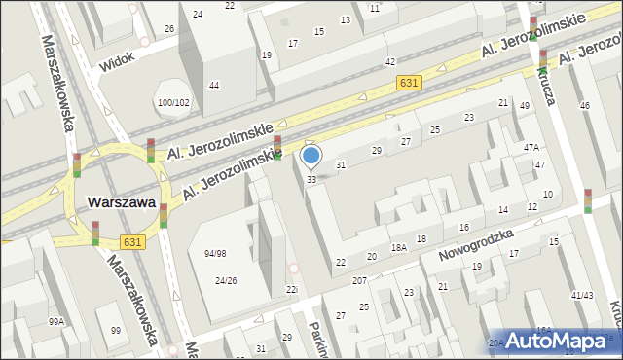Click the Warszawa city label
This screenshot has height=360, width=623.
122,202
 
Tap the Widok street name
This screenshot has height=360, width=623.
118,63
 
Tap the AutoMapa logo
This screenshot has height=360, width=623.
561,341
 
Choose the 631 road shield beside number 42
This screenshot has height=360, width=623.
409,84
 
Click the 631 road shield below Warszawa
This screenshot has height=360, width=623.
134,240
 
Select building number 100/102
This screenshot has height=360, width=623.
173,102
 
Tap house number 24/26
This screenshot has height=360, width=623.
226,281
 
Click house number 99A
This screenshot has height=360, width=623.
57,321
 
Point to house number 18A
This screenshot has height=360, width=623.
398,248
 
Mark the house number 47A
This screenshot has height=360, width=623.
531,147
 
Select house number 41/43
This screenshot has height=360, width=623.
582,295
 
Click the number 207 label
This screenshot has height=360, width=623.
359,280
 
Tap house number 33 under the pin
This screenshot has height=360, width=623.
311,180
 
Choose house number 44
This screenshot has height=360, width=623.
213,86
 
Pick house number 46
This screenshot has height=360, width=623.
584,105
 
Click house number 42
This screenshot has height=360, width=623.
389,61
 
